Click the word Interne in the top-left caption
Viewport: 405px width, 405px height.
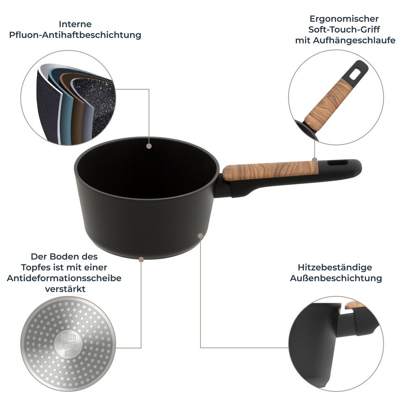[75, 24]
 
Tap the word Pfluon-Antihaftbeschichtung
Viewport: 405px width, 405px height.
[75, 35]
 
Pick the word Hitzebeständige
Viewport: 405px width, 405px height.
[335, 267]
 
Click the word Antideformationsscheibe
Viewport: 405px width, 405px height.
[64, 278]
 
